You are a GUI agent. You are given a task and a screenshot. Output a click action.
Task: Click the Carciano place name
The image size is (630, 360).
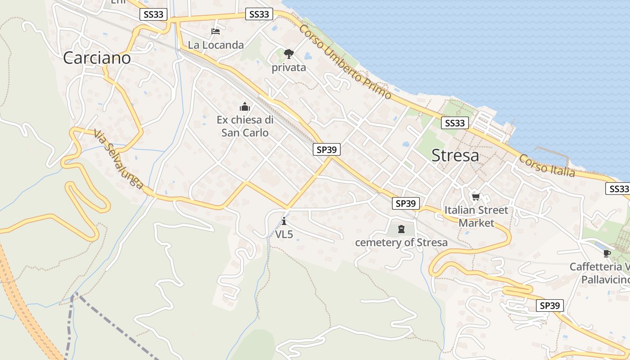click(97, 58)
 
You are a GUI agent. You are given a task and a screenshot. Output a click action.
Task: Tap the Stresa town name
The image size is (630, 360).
click(455, 156)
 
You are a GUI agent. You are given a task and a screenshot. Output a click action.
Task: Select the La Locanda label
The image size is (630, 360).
click(216, 45)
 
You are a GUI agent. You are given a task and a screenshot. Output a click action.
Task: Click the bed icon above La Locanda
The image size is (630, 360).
click(216, 31)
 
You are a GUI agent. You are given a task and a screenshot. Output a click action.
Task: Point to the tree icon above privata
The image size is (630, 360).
click(289, 54)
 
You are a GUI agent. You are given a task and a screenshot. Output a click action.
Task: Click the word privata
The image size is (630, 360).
click(289, 68)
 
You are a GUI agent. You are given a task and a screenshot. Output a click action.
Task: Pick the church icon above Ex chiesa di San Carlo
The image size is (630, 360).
click(245, 107)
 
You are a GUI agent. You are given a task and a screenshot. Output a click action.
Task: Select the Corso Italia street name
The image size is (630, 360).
click(547, 166)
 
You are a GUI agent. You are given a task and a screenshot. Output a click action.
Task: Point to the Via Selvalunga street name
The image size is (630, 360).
click(119, 160)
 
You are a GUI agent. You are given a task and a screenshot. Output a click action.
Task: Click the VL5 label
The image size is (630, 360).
click(284, 234)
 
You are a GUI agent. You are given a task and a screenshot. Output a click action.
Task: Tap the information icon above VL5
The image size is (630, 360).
click(284, 221)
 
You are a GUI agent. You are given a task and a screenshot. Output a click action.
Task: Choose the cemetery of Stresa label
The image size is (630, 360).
click(401, 243)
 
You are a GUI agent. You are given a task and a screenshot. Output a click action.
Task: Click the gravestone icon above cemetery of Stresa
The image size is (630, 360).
click(401, 230)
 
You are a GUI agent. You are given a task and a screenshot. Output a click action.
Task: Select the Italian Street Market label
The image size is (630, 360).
click(476, 216)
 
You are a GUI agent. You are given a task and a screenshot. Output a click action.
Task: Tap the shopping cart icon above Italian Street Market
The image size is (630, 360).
click(476, 197)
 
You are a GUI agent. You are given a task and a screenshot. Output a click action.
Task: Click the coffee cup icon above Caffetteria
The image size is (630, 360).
click(607, 253)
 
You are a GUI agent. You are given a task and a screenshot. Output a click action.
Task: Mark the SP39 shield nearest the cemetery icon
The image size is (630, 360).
click(405, 203)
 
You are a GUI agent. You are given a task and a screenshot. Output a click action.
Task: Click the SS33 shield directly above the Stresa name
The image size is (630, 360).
click(454, 123)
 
